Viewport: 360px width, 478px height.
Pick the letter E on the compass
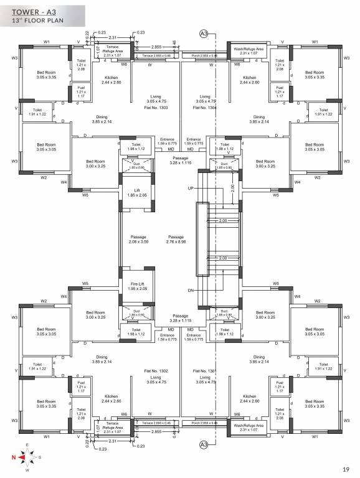27,444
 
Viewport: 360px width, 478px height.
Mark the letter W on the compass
27,470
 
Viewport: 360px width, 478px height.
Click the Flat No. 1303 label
155,108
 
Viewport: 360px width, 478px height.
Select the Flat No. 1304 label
204,108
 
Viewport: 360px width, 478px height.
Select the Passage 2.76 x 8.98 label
176,239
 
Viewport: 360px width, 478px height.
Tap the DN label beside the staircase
192,291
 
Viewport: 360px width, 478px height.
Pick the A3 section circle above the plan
204,33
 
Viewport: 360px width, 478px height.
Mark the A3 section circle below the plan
204,444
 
